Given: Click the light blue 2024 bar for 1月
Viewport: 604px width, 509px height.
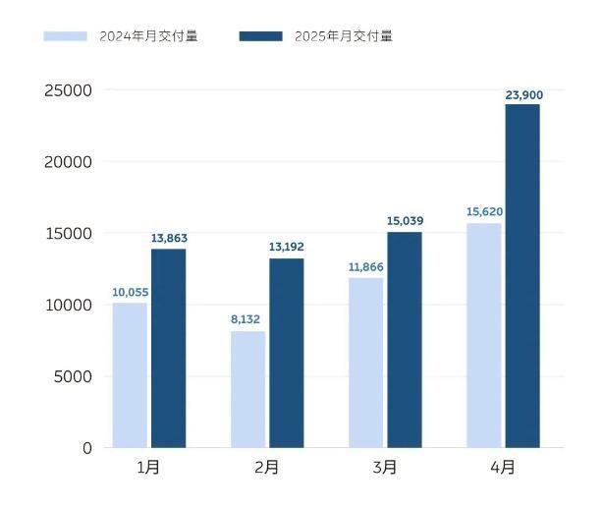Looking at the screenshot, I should pyautogui.click(x=130, y=375).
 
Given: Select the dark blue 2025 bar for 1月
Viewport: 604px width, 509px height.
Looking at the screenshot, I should pyautogui.click(x=168, y=348).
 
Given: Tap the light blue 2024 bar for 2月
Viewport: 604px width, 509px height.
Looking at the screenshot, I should pyautogui.click(x=247, y=389).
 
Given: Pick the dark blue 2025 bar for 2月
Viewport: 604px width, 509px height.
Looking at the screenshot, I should pyautogui.click(x=286, y=353).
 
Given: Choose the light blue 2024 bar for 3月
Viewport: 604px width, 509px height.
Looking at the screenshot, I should pyautogui.click(x=365, y=363).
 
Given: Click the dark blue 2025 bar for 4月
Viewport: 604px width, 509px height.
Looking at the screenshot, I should pyautogui.click(x=522, y=275).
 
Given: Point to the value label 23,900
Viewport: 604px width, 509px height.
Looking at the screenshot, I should pyautogui.click(x=523, y=95).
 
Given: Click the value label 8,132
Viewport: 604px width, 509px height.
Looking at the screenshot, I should pyautogui.click(x=246, y=319).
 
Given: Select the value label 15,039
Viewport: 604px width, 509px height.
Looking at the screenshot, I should pyautogui.click(x=405, y=221).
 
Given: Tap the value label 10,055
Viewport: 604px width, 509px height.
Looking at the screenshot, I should pyautogui.click(x=130, y=292).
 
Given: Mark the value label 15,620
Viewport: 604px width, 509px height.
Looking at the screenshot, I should pyautogui.click(x=484, y=211).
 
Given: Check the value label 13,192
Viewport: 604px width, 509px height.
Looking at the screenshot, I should pyautogui.click(x=287, y=247).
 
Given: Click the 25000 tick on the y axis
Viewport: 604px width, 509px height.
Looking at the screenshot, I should pyautogui.click(x=69, y=90).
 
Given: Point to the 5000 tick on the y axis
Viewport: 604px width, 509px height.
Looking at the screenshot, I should pyautogui.click(x=74, y=376).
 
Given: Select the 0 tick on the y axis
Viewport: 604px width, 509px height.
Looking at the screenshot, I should pyautogui.click(x=87, y=448).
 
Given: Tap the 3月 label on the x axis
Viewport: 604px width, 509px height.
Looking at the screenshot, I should pyautogui.click(x=385, y=468).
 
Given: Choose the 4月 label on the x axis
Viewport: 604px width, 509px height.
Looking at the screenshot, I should pyautogui.click(x=503, y=468).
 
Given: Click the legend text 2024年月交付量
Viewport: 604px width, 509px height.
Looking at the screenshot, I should pyautogui.click(x=148, y=36).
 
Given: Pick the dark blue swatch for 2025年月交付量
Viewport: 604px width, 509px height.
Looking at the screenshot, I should pyautogui.click(x=260, y=36).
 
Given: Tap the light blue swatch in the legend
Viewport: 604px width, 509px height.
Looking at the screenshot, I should pyautogui.click(x=65, y=36).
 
